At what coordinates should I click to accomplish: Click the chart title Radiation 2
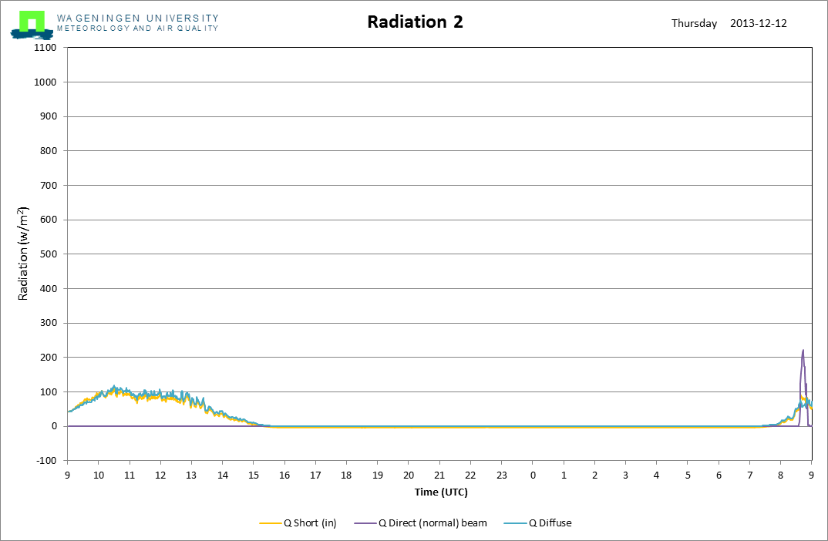(415, 22)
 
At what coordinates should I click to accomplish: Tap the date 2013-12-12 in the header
(759, 23)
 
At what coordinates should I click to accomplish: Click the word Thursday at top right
(695, 24)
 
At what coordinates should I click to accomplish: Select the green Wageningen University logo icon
(32, 25)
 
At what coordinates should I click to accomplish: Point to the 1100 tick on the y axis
(45, 48)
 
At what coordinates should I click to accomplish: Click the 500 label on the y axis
(48, 254)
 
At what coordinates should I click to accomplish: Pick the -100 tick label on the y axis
(46, 460)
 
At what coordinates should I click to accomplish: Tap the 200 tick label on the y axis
(48, 358)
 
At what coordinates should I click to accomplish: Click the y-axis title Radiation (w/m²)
(22, 254)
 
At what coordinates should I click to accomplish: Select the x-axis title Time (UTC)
(441, 492)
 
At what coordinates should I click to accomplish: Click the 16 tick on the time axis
(284, 475)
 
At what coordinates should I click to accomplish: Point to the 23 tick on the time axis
(502, 475)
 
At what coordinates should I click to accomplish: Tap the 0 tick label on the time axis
(533, 475)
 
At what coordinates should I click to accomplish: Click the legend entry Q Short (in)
(298, 523)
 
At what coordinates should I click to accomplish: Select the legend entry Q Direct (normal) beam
(421, 523)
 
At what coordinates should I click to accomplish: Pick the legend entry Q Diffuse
(538, 523)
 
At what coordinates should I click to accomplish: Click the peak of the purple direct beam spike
(803, 350)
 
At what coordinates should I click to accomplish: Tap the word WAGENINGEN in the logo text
(99, 18)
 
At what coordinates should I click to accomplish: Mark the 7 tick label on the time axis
(750, 475)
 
